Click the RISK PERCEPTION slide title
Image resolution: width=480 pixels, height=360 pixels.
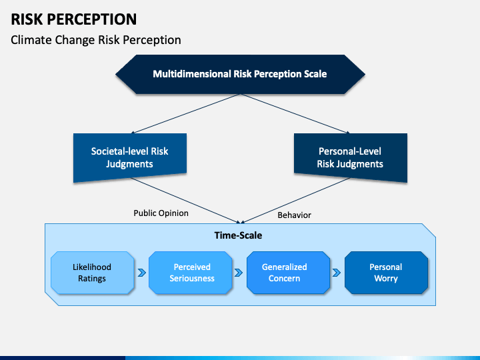click(x=74, y=19)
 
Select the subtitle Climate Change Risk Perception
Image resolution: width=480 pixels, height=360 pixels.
click(x=96, y=40)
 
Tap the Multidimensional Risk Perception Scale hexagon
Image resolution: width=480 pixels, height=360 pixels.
click(x=240, y=75)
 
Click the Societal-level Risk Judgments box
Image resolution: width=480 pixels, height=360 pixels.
click(x=130, y=157)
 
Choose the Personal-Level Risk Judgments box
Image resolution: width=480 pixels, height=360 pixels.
click(x=351, y=157)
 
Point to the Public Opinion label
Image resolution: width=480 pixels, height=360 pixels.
click(x=161, y=213)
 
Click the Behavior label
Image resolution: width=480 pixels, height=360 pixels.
click(x=294, y=215)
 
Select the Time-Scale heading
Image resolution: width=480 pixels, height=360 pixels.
click(x=238, y=235)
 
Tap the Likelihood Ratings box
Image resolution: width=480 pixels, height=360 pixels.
click(x=92, y=273)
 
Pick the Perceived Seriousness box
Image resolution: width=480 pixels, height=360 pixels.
click(x=190, y=273)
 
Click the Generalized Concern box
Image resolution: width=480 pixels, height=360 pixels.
click(x=288, y=273)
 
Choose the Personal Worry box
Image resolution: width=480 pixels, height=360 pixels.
click(x=386, y=273)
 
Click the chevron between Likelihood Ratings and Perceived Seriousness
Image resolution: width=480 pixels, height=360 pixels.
click(x=142, y=273)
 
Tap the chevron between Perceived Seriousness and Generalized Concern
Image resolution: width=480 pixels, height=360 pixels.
click(x=239, y=273)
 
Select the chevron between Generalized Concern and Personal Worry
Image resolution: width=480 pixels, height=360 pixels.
click(x=337, y=273)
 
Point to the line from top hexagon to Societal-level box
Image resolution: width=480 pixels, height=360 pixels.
click(x=185, y=114)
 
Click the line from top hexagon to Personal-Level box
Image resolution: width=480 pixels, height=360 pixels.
click(x=295, y=114)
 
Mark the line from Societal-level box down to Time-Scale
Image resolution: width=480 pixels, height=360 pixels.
click(x=185, y=200)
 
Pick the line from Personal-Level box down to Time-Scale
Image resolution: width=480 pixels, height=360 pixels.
click(x=296, y=200)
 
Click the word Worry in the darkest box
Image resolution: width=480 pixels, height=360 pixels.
click(x=386, y=279)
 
